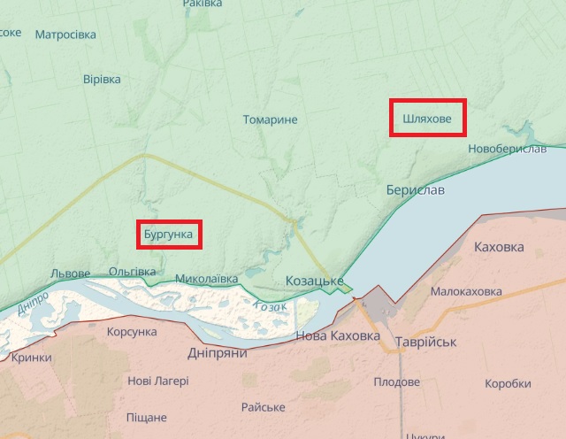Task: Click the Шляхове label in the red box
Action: tap(427, 118)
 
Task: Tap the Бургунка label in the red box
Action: tap(168, 235)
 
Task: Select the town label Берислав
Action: tap(416, 190)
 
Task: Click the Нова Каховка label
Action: tap(337, 336)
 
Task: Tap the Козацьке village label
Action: tap(315, 281)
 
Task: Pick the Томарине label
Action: tap(271, 119)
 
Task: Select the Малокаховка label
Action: tap(466, 291)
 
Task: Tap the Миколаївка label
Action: tap(207, 279)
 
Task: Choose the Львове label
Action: tap(71, 273)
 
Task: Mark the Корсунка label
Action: tap(131, 331)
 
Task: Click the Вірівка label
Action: tap(102, 79)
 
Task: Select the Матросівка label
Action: tap(66, 35)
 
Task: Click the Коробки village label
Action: tap(509, 383)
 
